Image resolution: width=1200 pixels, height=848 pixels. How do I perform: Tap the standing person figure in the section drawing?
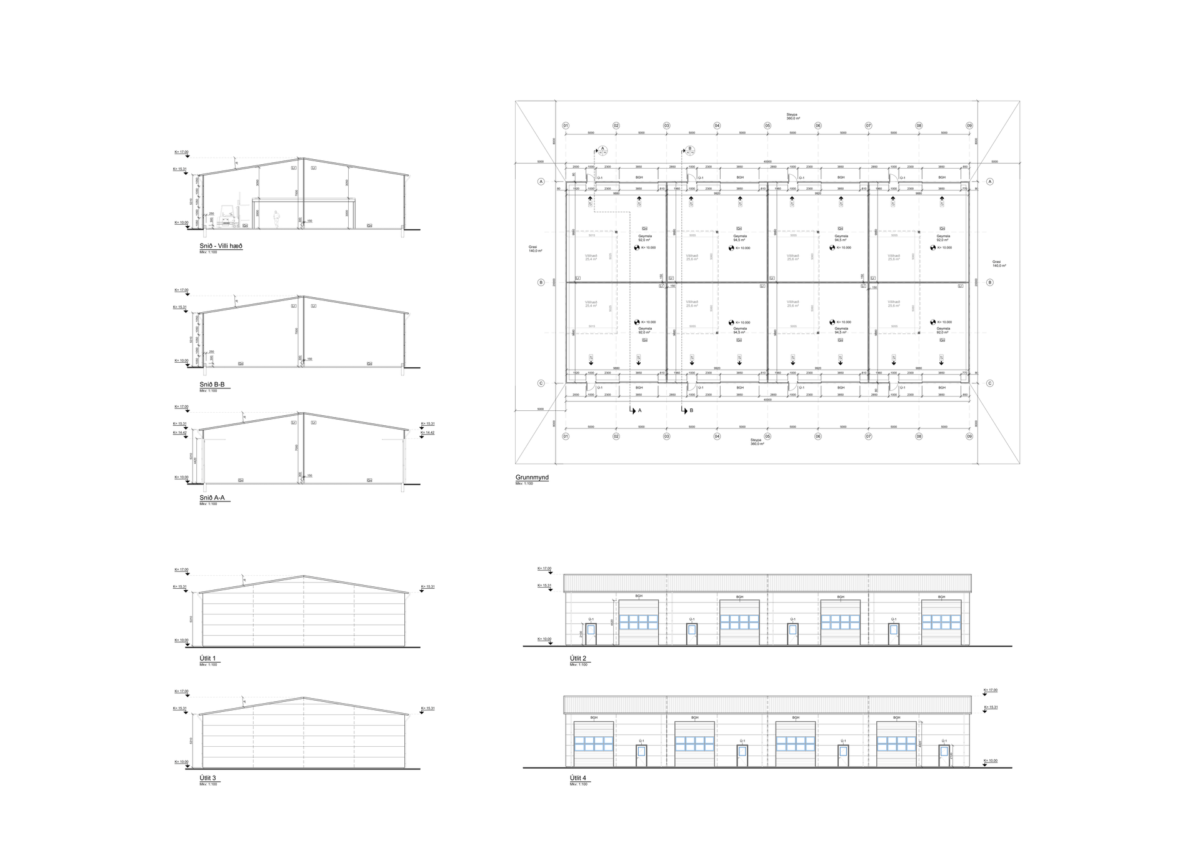pos(276,219)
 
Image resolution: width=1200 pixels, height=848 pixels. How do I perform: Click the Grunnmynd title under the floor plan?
pos(532,478)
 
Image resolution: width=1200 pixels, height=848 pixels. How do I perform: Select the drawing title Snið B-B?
pos(212,385)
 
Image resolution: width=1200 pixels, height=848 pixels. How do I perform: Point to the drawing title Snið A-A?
pos(212,498)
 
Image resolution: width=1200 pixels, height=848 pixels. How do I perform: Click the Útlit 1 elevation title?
pos(207,658)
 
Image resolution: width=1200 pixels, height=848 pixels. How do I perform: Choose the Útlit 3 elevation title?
pos(207,778)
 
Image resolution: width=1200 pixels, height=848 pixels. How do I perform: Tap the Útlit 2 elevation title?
pos(578,658)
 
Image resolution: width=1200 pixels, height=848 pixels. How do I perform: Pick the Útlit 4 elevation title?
pos(578,778)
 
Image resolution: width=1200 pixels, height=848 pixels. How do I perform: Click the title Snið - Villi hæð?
pos(221,246)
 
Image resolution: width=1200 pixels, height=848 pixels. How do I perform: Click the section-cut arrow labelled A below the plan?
pos(632,410)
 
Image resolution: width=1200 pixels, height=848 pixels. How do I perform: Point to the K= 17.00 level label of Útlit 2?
pos(544,569)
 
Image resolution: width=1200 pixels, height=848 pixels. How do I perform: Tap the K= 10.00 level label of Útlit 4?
pos(991,761)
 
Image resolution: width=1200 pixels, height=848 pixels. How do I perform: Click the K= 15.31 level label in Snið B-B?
pos(180,307)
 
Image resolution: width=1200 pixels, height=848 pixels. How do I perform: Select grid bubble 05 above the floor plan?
pos(767,126)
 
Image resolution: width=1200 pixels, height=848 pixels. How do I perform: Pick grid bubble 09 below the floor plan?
pos(969,436)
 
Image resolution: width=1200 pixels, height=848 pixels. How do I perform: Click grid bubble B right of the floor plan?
pos(989,282)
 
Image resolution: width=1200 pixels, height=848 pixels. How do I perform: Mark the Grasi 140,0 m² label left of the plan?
pos(535,249)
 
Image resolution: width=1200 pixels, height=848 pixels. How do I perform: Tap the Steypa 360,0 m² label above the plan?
pos(792,116)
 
